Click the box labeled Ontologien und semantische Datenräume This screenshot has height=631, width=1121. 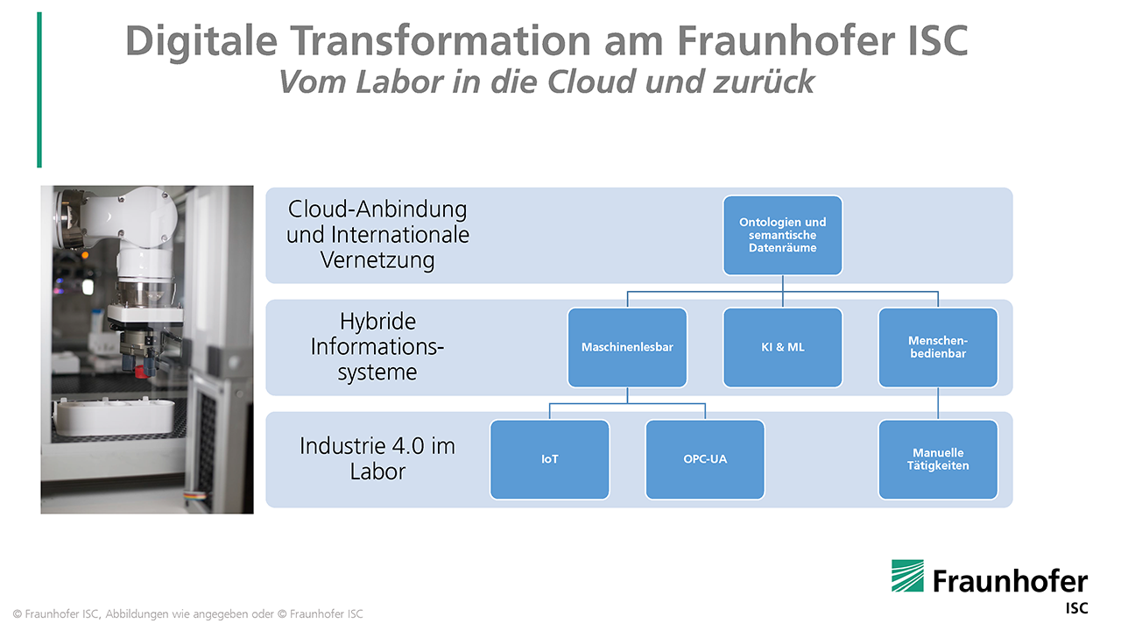pyautogui.click(x=782, y=235)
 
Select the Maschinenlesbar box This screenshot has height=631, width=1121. pyautogui.click(x=627, y=347)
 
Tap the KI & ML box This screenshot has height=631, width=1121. pyautogui.click(x=782, y=347)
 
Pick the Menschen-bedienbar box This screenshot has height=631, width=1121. pyautogui.click(x=938, y=347)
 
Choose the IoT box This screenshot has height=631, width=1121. pyautogui.click(x=549, y=459)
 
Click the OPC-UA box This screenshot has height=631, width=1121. pyautogui.click(x=705, y=459)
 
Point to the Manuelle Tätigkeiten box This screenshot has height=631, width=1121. pyautogui.click(x=938, y=459)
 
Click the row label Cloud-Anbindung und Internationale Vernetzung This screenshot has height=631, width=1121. pyautogui.click(x=377, y=235)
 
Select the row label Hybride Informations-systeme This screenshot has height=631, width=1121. pyautogui.click(x=377, y=346)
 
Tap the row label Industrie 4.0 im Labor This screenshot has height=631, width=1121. pyautogui.click(x=377, y=457)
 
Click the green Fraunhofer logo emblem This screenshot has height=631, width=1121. pyautogui.click(x=907, y=576)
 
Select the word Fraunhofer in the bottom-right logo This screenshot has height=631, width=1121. pyautogui.click(x=1010, y=581)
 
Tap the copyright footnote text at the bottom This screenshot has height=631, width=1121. pyautogui.click(x=188, y=613)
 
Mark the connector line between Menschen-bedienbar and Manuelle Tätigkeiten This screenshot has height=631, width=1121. pyautogui.click(x=938, y=403)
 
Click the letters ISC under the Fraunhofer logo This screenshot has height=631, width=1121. pyautogui.click(x=1076, y=607)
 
